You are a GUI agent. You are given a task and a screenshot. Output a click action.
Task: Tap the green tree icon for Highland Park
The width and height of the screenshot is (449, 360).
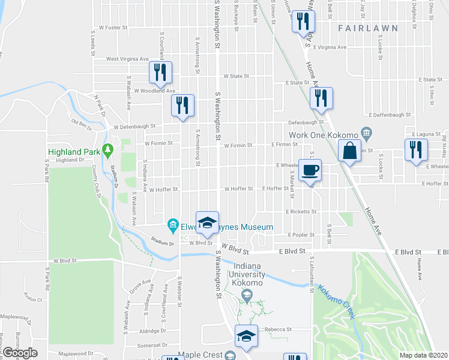(108, 149)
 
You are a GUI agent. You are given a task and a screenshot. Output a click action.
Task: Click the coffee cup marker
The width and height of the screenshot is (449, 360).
(310, 170)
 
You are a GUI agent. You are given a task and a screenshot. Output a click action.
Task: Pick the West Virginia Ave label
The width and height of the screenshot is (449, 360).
(127, 59)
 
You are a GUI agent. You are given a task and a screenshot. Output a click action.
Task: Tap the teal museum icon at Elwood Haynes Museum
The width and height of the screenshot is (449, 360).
(173, 226)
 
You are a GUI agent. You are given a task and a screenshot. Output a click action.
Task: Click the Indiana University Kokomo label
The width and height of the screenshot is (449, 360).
(247, 275)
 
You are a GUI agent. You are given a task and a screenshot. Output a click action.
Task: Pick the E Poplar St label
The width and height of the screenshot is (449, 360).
(301, 235)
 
